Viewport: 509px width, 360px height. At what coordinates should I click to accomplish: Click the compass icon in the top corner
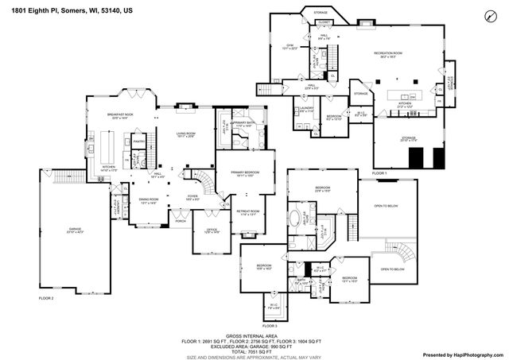point(488,16)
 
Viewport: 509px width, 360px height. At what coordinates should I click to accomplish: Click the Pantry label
point(138,143)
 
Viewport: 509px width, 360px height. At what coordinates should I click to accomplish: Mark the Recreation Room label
point(391,55)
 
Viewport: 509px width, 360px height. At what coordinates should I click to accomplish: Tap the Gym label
point(290,46)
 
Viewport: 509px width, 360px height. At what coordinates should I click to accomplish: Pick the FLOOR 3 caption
point(270,325)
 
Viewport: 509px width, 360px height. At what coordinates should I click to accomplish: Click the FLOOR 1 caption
point(379,172)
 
